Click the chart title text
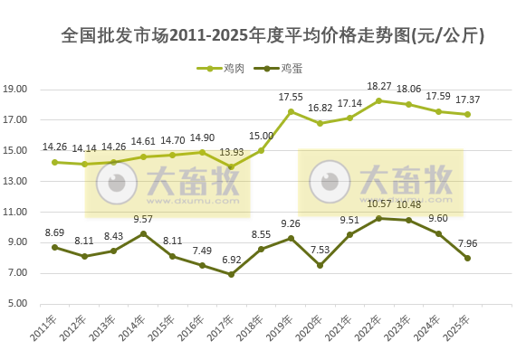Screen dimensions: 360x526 tap(273, 36)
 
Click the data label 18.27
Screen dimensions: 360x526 tap(379, 86)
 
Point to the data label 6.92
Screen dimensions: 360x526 tap(232, 260)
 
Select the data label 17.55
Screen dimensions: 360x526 tap(291, 97)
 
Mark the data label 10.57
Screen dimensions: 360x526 tap(379, 204)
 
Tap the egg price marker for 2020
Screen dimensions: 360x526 tap(320, 265)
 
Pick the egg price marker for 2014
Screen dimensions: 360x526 tap(143, 233)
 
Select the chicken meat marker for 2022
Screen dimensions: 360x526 tap(379, 100)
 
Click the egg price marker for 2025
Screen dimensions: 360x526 tap(467, 258)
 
